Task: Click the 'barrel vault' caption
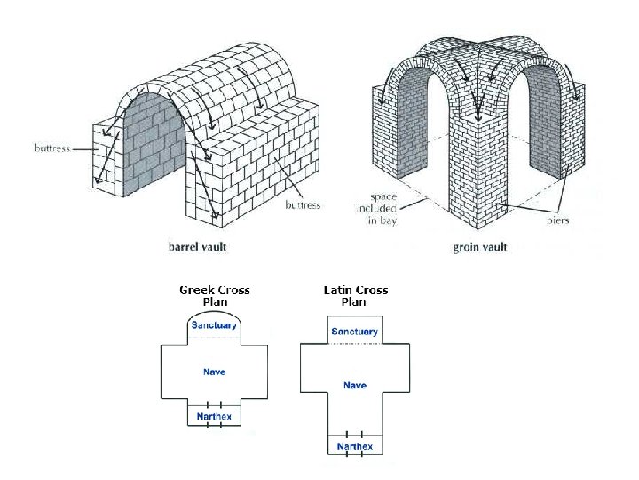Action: tap(197, 246)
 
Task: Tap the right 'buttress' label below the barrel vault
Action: tap(303, 205)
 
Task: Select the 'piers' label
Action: tap(557, 220)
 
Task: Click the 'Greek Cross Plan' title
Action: tap(215, 296)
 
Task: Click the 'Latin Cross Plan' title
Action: tap(355, 296)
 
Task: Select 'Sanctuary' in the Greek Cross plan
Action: tap(214, 325)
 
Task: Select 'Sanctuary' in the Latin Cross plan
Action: tap(354, 332)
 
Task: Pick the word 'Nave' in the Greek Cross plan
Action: tap(214, 372)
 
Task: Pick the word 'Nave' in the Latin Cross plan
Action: tap(355, 385)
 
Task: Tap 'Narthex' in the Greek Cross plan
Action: tap(214, 417)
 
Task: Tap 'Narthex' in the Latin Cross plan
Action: tap(355, 446)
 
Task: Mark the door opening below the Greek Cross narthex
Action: tap(214, 426)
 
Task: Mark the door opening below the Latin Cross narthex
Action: tap(355, 455)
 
